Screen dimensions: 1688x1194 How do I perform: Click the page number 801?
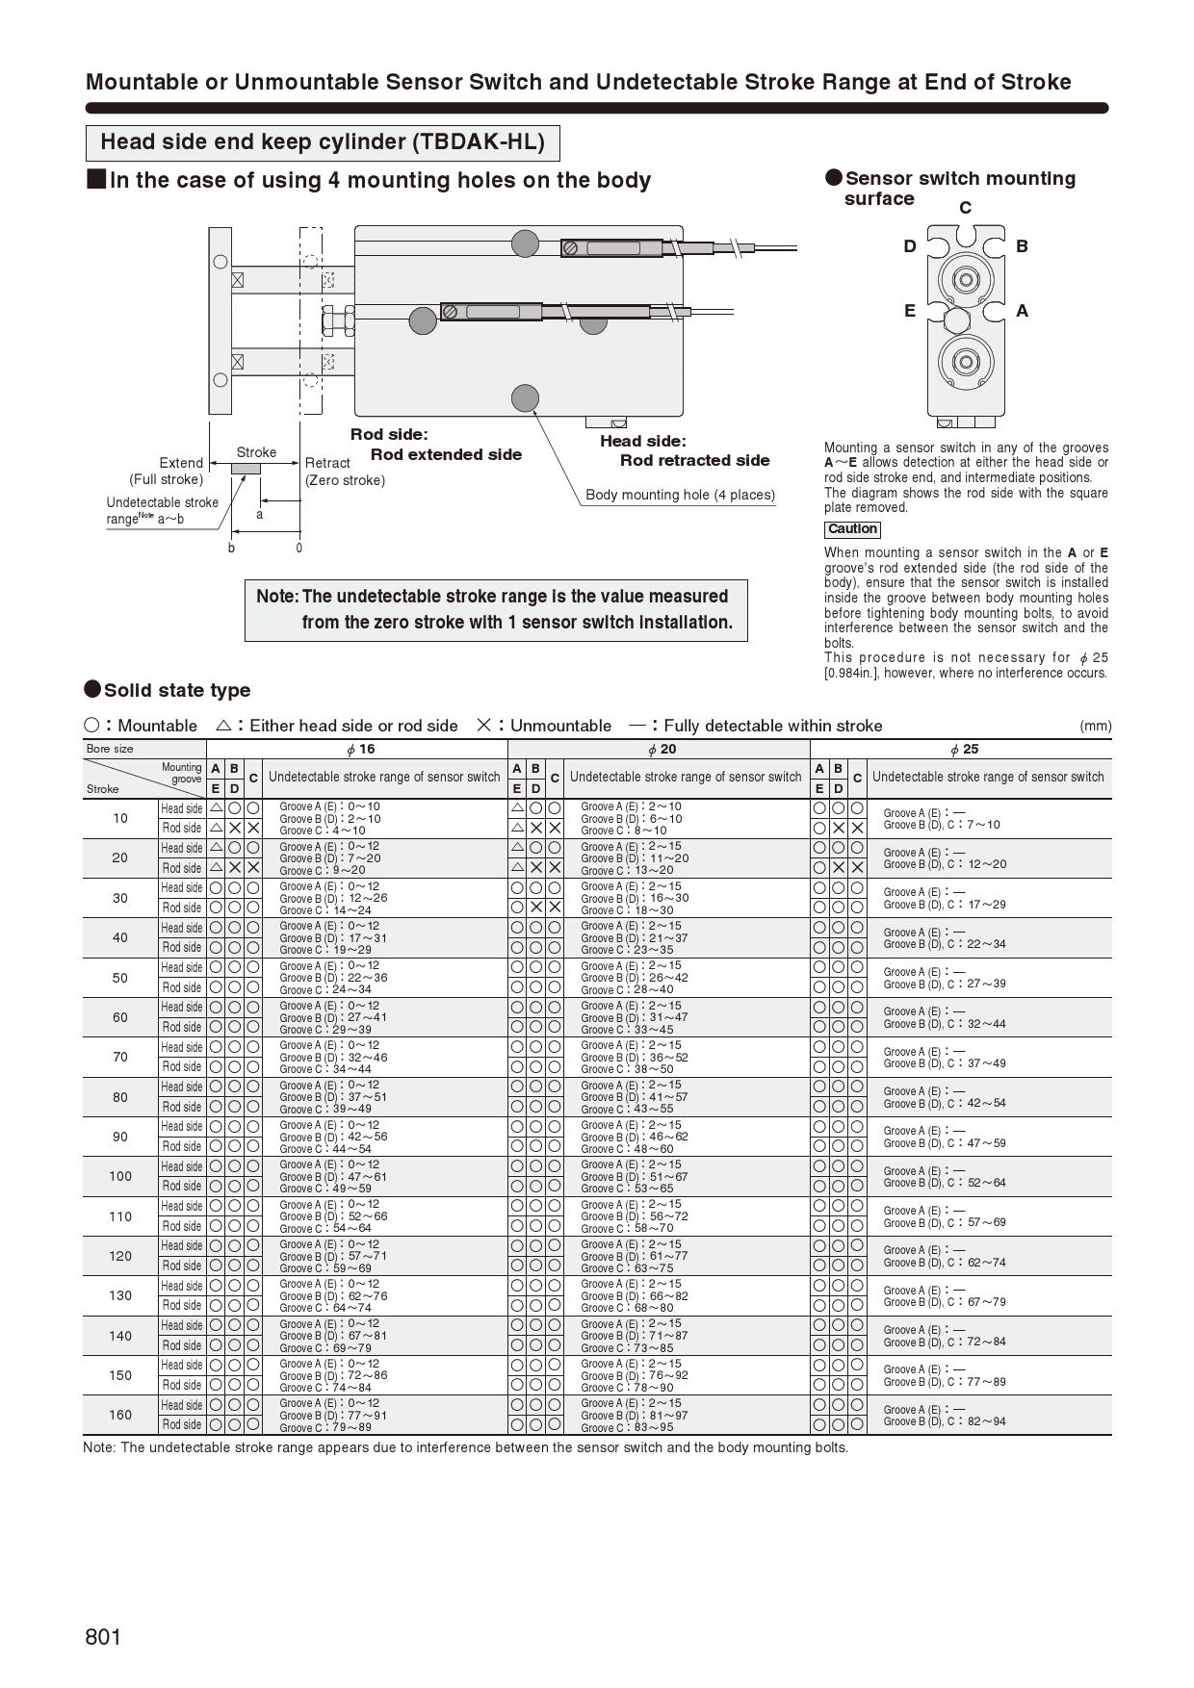click(103, 1637)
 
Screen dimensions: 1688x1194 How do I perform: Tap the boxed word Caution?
click(852, 529)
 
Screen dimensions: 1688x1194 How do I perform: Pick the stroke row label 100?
click(120, 1176)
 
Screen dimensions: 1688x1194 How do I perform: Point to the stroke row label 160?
click(120, 1415)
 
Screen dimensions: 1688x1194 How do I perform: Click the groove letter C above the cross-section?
click(965, 208)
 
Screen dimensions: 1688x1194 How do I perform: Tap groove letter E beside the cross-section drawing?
click(909, 311)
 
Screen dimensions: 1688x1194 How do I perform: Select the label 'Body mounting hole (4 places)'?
click(680, 495)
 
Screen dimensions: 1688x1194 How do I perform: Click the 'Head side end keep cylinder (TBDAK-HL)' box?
click(323, 142)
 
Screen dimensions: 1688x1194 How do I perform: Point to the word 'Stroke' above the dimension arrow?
click(256, 452)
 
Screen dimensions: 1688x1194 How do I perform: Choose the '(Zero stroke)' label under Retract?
click(345, 480)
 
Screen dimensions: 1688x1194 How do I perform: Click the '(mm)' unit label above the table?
click(1095, 726)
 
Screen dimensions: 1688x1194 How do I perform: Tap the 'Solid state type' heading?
click(177, 690)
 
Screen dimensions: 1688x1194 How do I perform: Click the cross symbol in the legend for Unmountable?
click(483, 726)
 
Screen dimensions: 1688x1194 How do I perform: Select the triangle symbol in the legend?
click(223, 726)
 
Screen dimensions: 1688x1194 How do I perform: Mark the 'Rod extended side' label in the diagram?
click(446, 454)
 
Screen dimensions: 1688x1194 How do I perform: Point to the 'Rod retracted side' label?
click(694, 460)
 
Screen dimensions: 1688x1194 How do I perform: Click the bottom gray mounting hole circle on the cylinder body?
click(525, 397)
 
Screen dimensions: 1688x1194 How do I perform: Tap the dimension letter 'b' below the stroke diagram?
click(231, 549)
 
